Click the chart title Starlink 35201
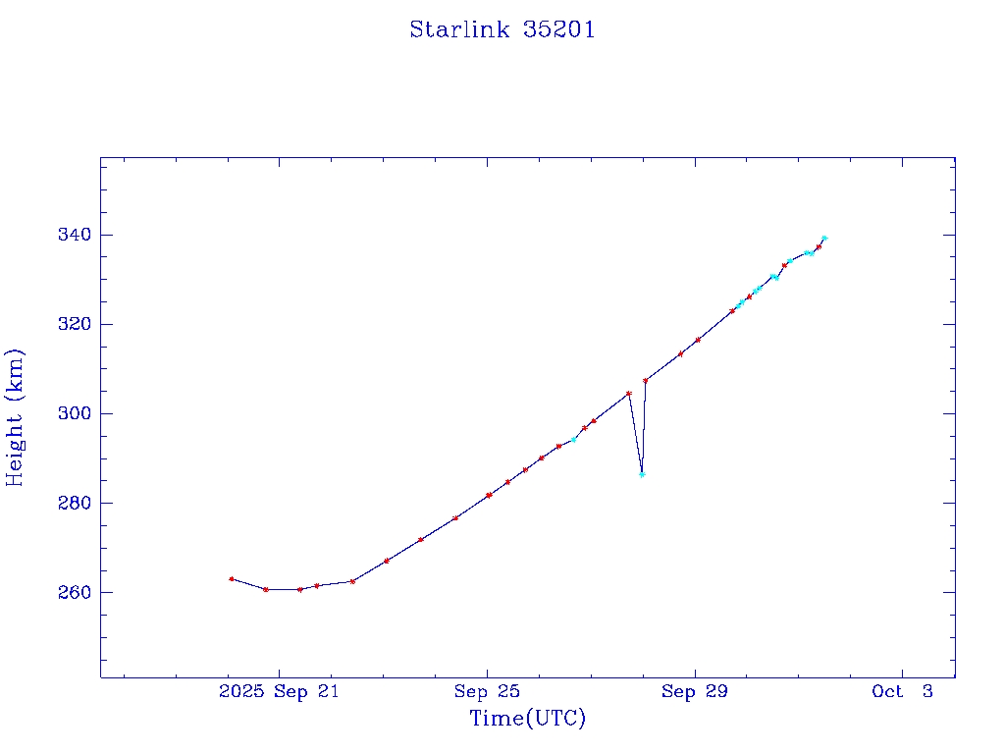click(502, 29)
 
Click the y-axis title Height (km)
click(16, 417)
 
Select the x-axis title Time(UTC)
click(528, 719)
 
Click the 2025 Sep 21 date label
click(279, 692)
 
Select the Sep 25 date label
click(487, 692)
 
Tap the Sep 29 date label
click(695, 692)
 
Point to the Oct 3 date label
click(902, 692)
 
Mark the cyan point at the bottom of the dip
click(642, 474)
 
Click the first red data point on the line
click(231, 578)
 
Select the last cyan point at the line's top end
click(824, 238)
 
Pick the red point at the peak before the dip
click(629, 393)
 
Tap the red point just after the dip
click(645, 380)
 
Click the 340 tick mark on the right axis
click(949, 235)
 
